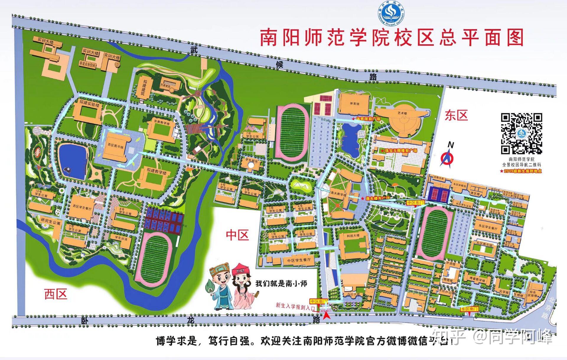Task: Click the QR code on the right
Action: click(x=521, y=133)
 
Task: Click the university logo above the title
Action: click(x=391, y=13)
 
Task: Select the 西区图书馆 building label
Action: click(x=115, y=146)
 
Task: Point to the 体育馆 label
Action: click(x=354, y=104)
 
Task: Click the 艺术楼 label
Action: click(x=402, y=113)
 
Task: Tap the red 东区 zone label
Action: click(x=456, y=115)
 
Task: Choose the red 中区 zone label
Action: click(x=237, y=235)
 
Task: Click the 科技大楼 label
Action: click(x=353, y=236)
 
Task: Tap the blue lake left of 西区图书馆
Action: click(x=73, y=161)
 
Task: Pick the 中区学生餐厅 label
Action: click(x=299, y=260)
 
